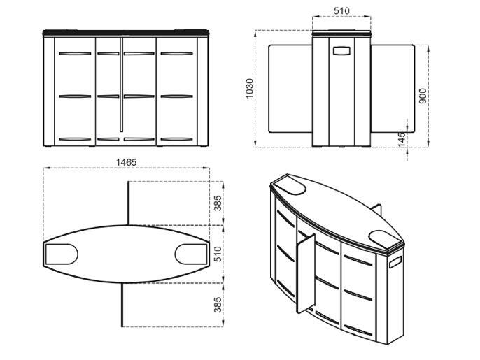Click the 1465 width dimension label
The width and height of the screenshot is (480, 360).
(x=126, y=162)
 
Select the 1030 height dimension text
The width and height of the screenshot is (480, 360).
(x=250, y=89)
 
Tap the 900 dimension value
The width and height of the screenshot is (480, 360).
(x=422, y=96)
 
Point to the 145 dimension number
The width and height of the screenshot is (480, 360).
(x=402, y=139)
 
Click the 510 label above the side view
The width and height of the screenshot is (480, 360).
(x=341, y=11)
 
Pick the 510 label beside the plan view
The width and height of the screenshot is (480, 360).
(x=218, y=254)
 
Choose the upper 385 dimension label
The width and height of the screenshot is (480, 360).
(x=218, y=203)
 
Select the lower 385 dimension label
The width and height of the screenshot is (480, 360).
(x=218, y=305)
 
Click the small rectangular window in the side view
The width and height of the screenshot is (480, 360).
(x=342, y=51)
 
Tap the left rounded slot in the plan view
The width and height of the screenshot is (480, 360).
(x=62, y=254)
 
